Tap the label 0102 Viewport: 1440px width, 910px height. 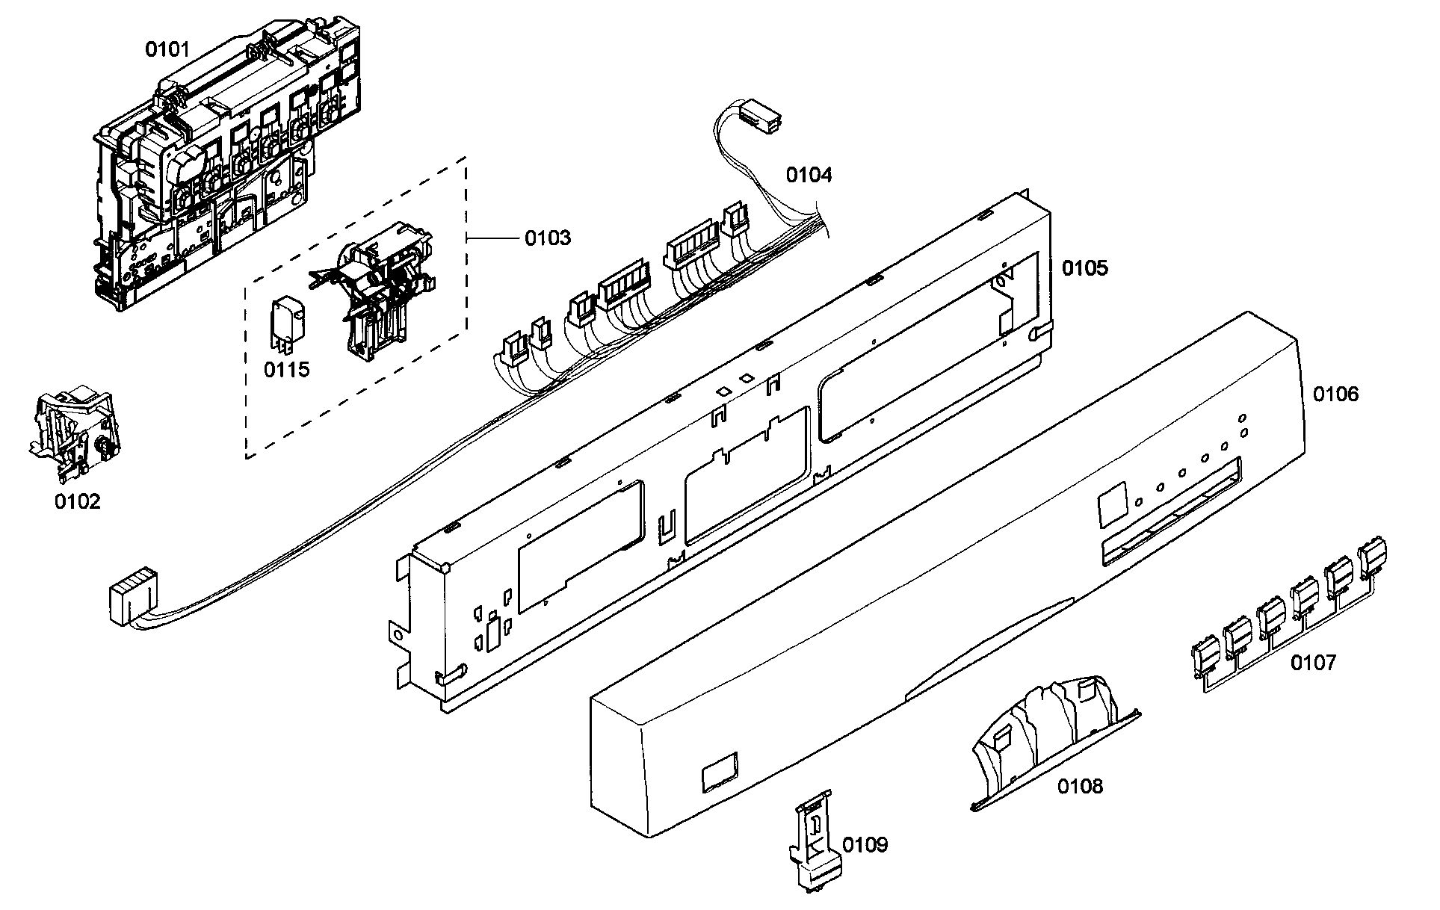tap(77, 501)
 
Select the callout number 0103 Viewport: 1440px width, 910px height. tap(547, 238)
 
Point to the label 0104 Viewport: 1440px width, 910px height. tap(809, 175)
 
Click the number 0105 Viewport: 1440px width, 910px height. tap(1085, 267)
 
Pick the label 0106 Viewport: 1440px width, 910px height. tap(1336, 394)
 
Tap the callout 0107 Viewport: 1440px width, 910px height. tap(1314, 662)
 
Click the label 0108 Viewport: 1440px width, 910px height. tap(1080, 785)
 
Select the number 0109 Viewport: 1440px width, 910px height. tap(865, 845)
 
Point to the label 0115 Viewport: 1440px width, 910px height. tap(286, 369)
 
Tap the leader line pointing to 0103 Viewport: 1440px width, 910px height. tap(492, 238)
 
